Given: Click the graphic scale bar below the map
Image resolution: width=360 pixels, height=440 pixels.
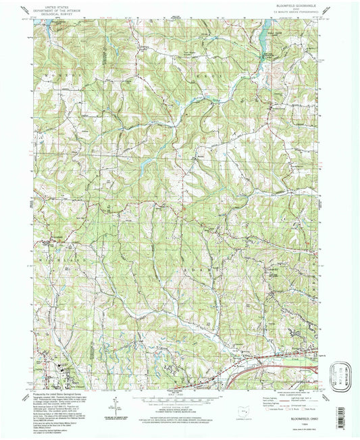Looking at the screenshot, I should (x=179, y=398).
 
